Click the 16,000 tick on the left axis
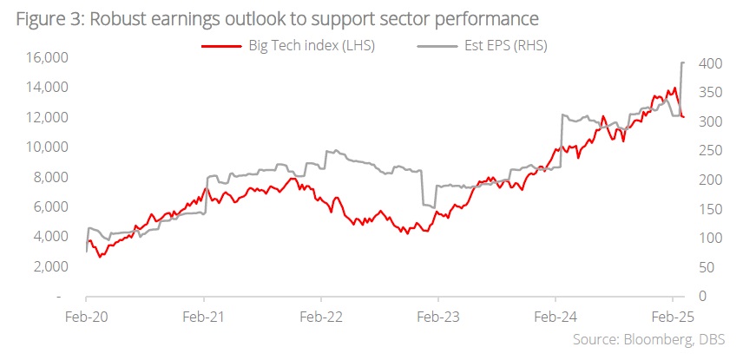coord(42,57)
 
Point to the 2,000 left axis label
coord(44,266)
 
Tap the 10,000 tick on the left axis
coord(42,147)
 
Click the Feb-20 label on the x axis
coord(86,317)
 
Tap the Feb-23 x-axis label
coord(437,317)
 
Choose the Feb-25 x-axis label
coord(673,317)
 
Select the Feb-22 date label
coord(321,317)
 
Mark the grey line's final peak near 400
coord(683,62)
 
